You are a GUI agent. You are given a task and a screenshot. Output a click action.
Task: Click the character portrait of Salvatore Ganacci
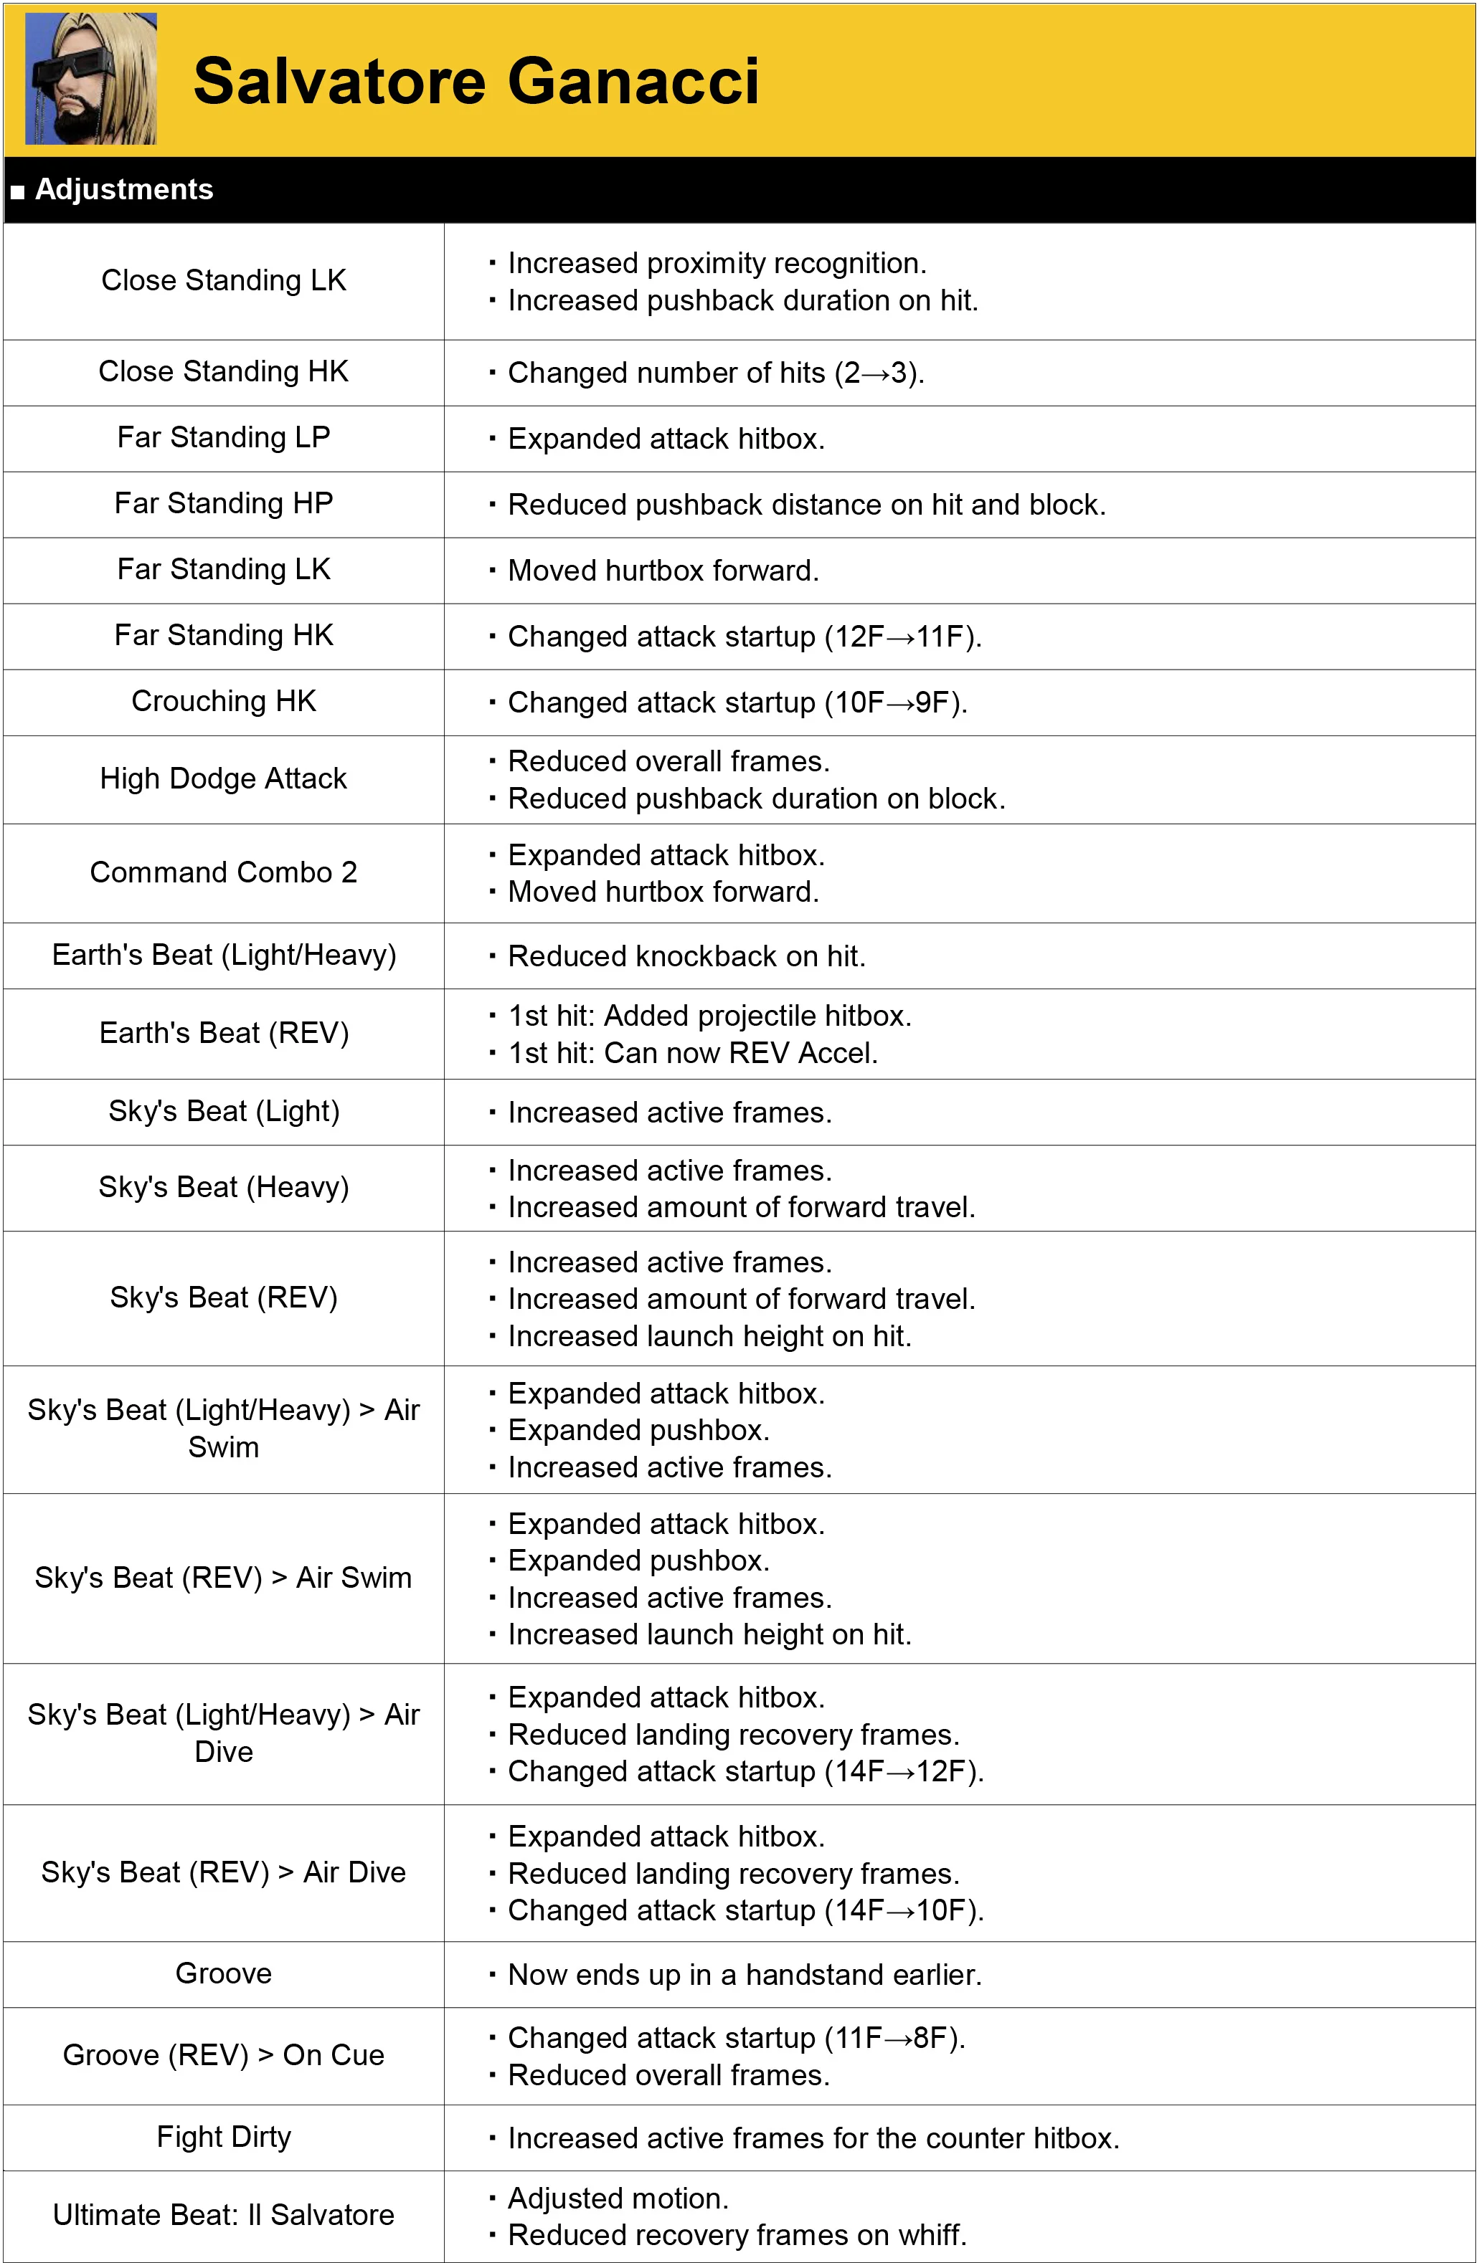(x=91, y=79)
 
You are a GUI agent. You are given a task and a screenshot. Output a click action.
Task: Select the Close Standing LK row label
(x=224, y=280)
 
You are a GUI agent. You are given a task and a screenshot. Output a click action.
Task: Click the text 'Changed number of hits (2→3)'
(x=715, y=373)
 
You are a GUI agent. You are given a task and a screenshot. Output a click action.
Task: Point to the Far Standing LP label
(x=224, y=437)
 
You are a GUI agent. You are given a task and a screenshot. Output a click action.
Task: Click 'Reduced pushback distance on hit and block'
(x=806, y=504)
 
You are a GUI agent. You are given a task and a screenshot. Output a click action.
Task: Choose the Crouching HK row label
(x=224, y=701)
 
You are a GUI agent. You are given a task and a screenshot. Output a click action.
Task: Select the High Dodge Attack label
(x=224, y=778)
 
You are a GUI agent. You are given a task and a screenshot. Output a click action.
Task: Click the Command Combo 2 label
(x=224, y=872)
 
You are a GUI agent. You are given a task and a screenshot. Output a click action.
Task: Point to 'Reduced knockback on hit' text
(x=686, y=956)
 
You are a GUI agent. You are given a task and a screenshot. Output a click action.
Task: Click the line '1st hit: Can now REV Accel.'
(x=692, y=1052)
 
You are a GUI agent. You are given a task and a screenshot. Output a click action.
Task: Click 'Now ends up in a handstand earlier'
(x=745, y=1975)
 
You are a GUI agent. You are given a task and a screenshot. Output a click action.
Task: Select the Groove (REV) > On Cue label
(x=224, y=2055)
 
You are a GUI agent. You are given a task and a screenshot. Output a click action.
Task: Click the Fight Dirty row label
(x=224, y=2137)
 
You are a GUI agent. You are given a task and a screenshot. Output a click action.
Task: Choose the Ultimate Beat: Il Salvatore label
(x=224, y=2214)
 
